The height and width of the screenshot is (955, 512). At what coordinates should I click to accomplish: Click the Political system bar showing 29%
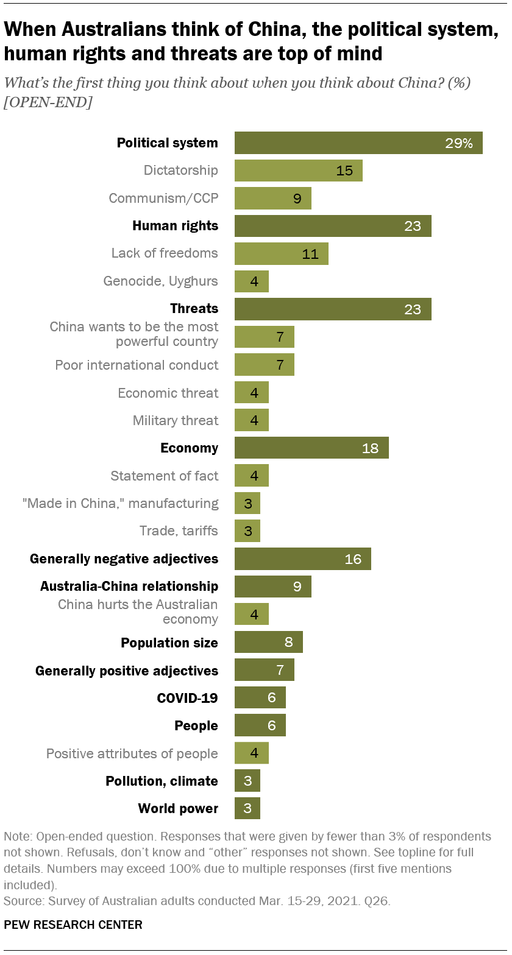[358, 143]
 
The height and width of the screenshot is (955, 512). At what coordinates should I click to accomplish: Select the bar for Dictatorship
[299, 171]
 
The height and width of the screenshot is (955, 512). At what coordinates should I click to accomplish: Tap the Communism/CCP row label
[163, 198]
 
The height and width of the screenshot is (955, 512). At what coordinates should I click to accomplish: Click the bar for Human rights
[333, 226]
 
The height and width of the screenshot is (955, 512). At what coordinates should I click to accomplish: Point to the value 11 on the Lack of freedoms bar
[310, 254]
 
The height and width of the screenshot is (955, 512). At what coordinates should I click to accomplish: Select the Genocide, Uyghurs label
[161, 281]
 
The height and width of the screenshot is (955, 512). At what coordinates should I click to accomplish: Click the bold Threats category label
[194, 309]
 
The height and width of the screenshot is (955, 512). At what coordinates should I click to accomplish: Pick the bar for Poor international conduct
[265, 365]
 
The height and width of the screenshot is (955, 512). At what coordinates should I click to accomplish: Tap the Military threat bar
[252, 420]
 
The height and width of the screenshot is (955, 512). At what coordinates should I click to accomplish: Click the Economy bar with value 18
[311, 448]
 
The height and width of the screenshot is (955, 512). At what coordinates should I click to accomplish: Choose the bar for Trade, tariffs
[247, 531]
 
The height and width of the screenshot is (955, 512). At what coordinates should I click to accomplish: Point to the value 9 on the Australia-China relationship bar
[297, 587]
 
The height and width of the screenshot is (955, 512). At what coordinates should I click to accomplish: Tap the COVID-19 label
[187, 698]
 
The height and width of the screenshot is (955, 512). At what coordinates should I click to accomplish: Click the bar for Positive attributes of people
[252, 753]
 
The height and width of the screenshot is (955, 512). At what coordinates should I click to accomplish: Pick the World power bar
[247, 809]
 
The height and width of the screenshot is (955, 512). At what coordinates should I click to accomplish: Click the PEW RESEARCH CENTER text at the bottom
[73, 925]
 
